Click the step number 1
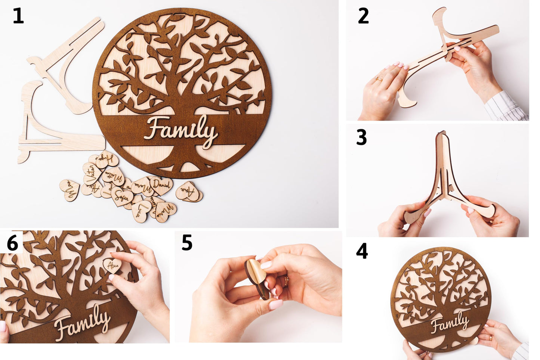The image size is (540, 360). point(18,16)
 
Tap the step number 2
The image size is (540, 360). point(363,16)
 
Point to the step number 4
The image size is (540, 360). point(361,251)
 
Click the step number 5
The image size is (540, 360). point(187,243)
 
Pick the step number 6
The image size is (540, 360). point(12,244)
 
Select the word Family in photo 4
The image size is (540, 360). point(450,323)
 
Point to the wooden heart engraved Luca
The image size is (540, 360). point(142,211)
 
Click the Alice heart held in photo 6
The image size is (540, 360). point(112,266)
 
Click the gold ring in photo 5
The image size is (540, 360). point(286,281)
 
